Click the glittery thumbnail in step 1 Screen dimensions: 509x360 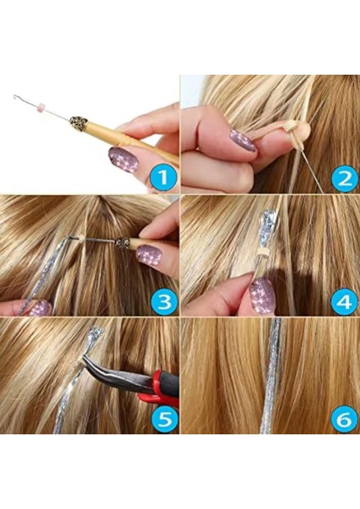coord(124,159)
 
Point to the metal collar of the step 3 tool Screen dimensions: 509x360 coord(125,244)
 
